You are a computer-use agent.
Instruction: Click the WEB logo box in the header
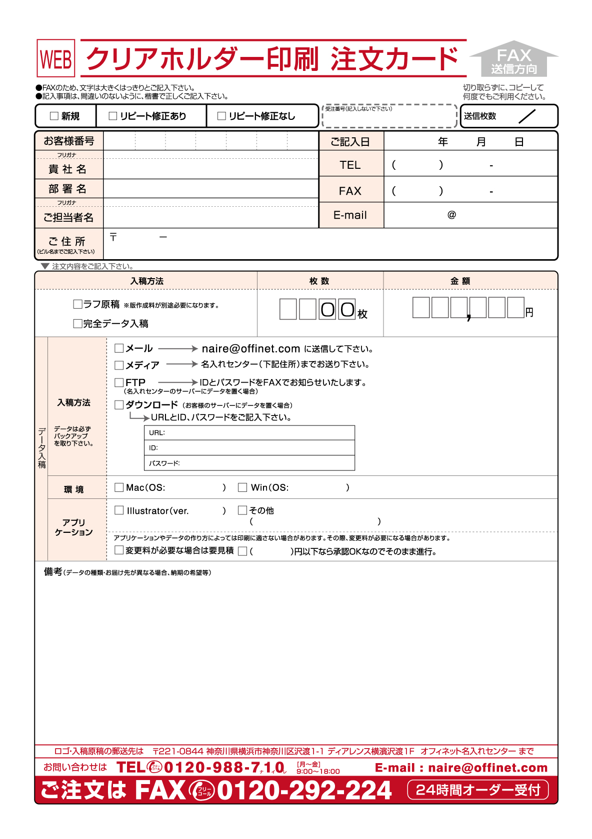coord(56,58)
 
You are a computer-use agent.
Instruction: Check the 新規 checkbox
coord(54,116)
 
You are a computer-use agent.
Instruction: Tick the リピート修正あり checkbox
coord(113,116)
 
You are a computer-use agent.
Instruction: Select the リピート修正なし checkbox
coord(221,116)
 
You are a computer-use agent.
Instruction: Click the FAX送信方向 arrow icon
coord(514,59)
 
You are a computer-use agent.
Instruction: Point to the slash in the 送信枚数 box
coord(527,116)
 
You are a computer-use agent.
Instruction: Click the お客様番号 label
coord(69,141)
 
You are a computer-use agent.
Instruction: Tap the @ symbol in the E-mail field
coord(451,215)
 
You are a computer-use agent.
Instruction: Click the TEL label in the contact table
coord(350,165)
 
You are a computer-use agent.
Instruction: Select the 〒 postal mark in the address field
coord(113,237)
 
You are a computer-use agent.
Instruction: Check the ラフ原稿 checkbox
coord(77,304)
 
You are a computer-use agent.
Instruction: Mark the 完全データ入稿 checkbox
coord(77,324)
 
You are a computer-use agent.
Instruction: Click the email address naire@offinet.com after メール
coord(250,349)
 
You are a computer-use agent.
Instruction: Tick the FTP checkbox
coord(119,383)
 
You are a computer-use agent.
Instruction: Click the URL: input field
coord(249,433)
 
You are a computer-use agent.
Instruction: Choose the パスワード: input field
coord(249,463)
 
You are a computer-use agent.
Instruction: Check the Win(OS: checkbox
coord(242,487)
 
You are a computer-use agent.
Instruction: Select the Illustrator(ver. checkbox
coord(119,510)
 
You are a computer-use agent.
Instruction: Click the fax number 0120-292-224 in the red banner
coord(304,791)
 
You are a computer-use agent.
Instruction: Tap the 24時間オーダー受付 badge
coord(478,790)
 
